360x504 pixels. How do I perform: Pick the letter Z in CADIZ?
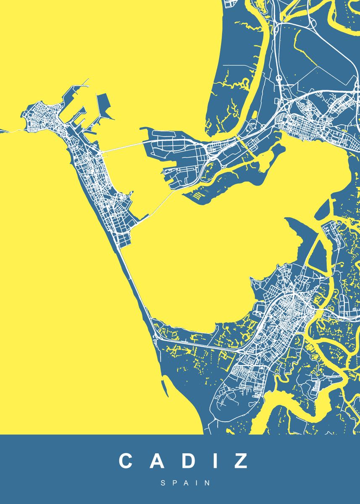pyautogui.click(x=240, y=461)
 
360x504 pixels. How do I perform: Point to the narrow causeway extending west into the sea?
pyautogui.click(x=11, y=131)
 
